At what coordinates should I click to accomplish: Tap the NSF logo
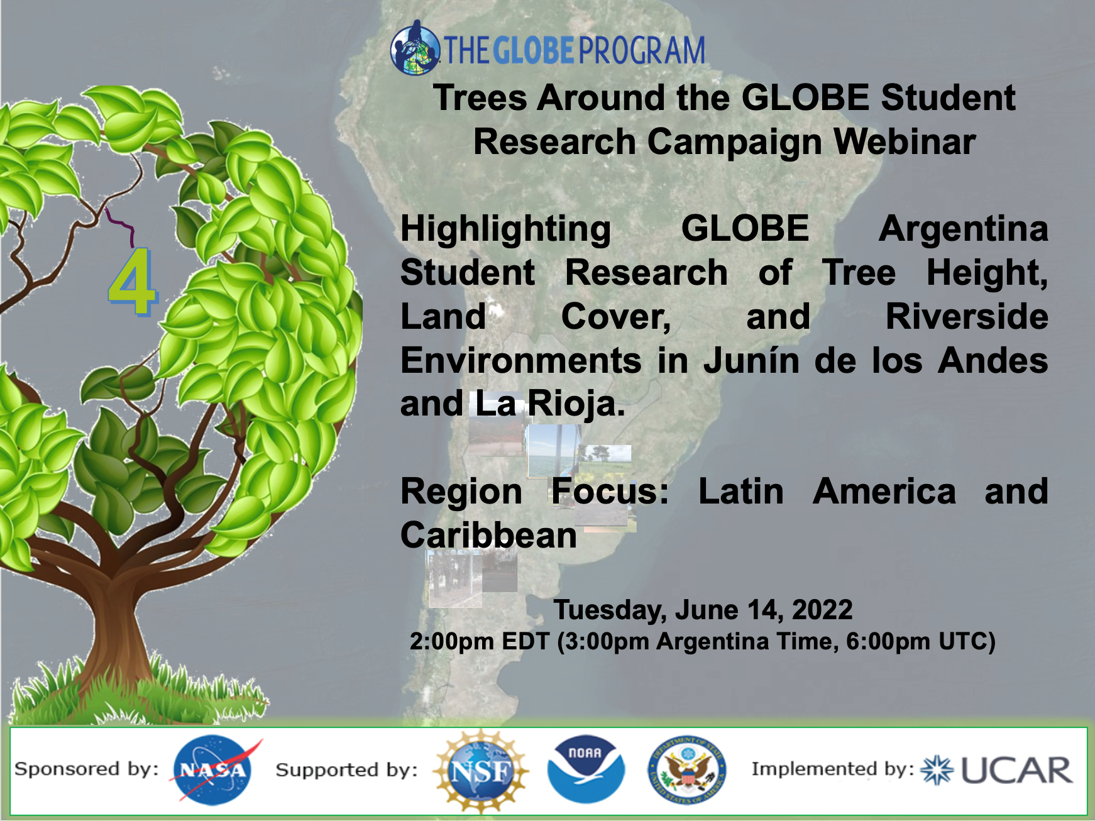(x=481, y=771)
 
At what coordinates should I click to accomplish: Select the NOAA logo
(x=585, y=769)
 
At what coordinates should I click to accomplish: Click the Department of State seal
(x=687, y=770)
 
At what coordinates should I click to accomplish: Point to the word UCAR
(x=1016, y=770)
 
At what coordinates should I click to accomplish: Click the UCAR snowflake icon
(x=937, y=770)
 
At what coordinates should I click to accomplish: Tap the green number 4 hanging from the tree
(x=132, y=282)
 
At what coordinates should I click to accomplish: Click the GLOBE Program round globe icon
(x=415, y=48)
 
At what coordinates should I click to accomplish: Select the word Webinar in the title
(x=905, y=141)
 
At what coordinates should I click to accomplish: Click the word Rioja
(x=575, y=404)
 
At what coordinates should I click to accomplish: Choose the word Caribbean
(x=488, y=535)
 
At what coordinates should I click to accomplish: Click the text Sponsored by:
(x=86, y=769)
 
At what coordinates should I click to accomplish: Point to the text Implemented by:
(x=833, y=769)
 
